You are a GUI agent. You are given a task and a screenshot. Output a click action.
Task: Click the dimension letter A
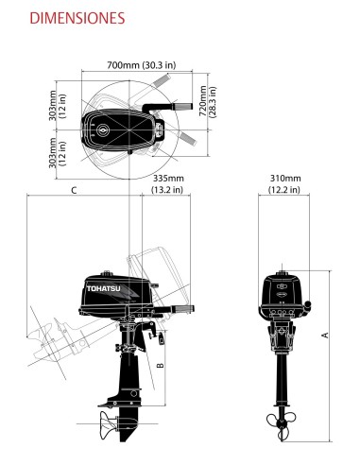[x=325, y=334]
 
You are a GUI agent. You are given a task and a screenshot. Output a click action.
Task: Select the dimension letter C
[x=74, y=190]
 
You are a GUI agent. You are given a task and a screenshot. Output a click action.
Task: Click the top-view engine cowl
[x=113, y=131]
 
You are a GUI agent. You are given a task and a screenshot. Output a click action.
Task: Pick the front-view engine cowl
[x=282, y=288]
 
